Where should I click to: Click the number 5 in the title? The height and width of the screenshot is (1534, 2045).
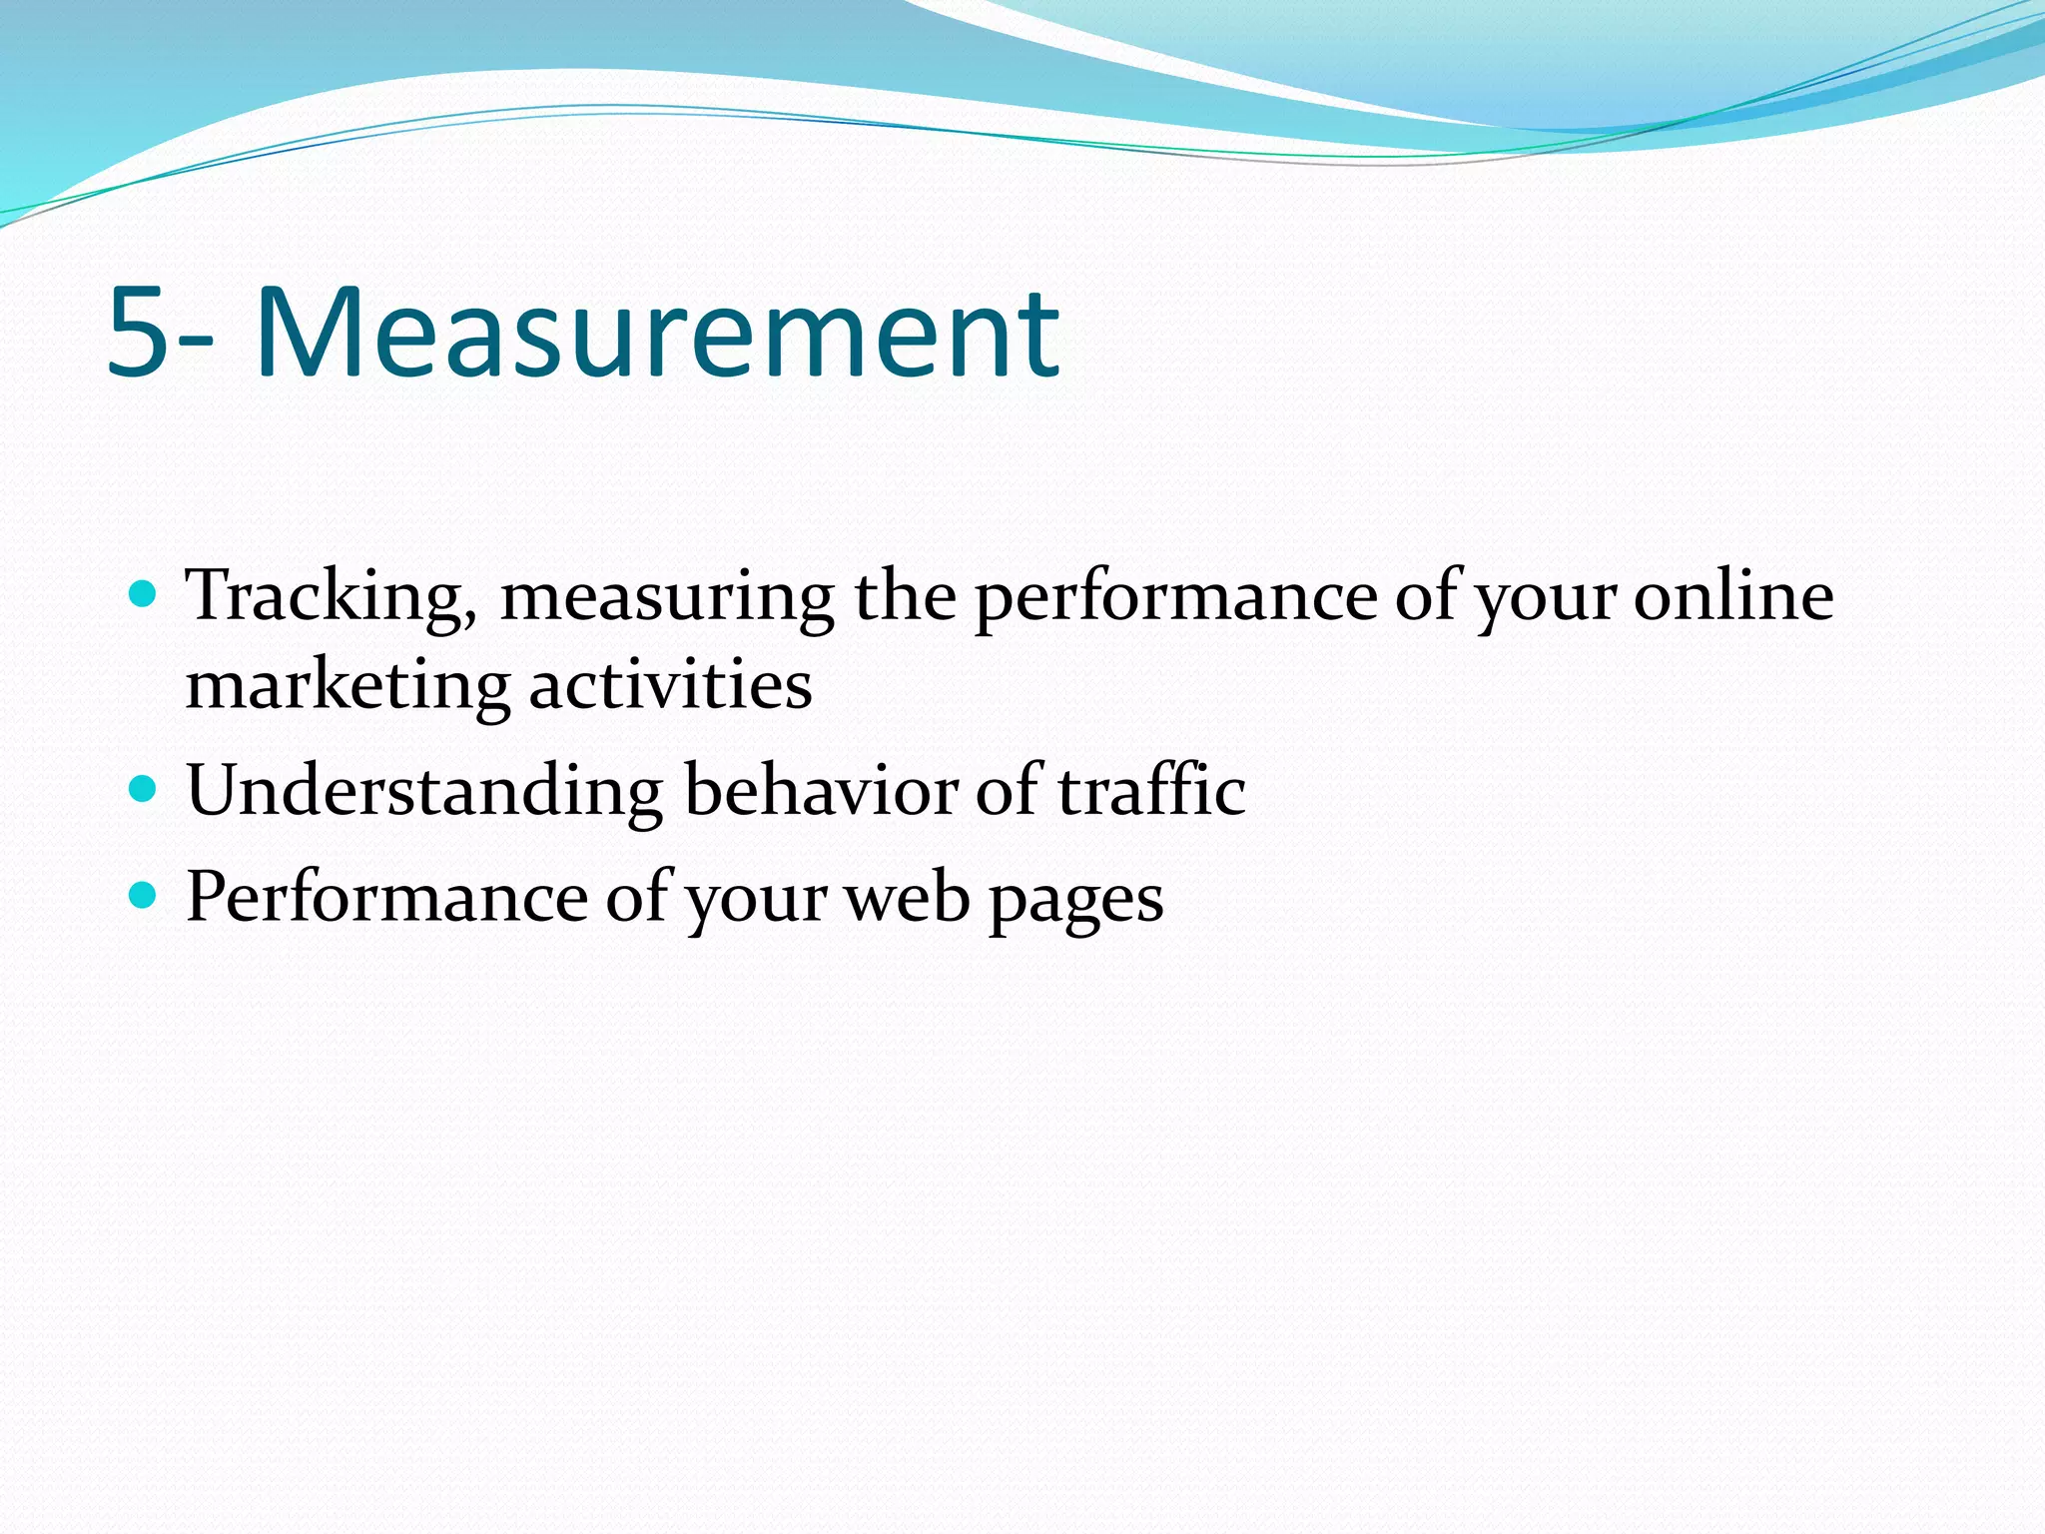(137, 333)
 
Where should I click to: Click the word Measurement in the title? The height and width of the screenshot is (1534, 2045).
(657, 333)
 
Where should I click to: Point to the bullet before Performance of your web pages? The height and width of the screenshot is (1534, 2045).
(144, 895)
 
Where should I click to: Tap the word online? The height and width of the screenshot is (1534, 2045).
(1733, 597)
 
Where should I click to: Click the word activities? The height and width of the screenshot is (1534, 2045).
(670, 687)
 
